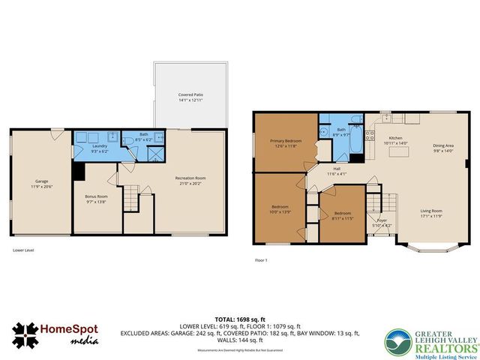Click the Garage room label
41,183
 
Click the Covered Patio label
190,97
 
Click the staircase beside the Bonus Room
131,199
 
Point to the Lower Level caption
24,250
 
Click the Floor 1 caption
261,259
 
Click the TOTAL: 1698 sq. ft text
240,319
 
